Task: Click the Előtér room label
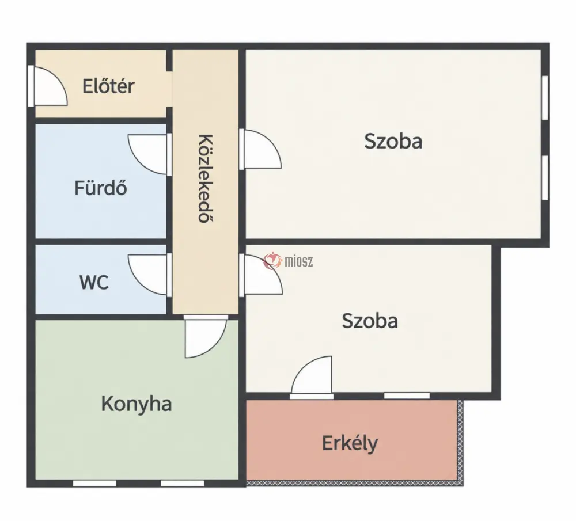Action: pyautogui.click(x=108, y=86)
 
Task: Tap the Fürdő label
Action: pyautogui.click(x=101, y=188)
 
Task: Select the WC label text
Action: pyautogui.click(x=94, y=282)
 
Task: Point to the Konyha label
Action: pyautogui.click(x=137, y=404)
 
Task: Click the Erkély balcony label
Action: pyautogui.click(x=350, y=443)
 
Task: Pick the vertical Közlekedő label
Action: pyautogui.click(x=206, y=178)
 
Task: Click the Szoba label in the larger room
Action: pyautogui.click(x=393, y=142)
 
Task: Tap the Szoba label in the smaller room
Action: pyautogui.click(x=370, y=321)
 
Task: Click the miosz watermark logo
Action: pyautogui.click(x=289, y=261)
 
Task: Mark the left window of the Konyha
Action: pyautogui.click(x=95, y=483)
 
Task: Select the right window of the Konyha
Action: pyautogui.click(x=183, y=483)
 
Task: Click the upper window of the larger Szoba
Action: pyautogui.click(x=545, y=97)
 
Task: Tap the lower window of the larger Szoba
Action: pyautogui.click(x=545, y=178)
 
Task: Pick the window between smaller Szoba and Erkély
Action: pyautogui.click(x=407, y=396)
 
